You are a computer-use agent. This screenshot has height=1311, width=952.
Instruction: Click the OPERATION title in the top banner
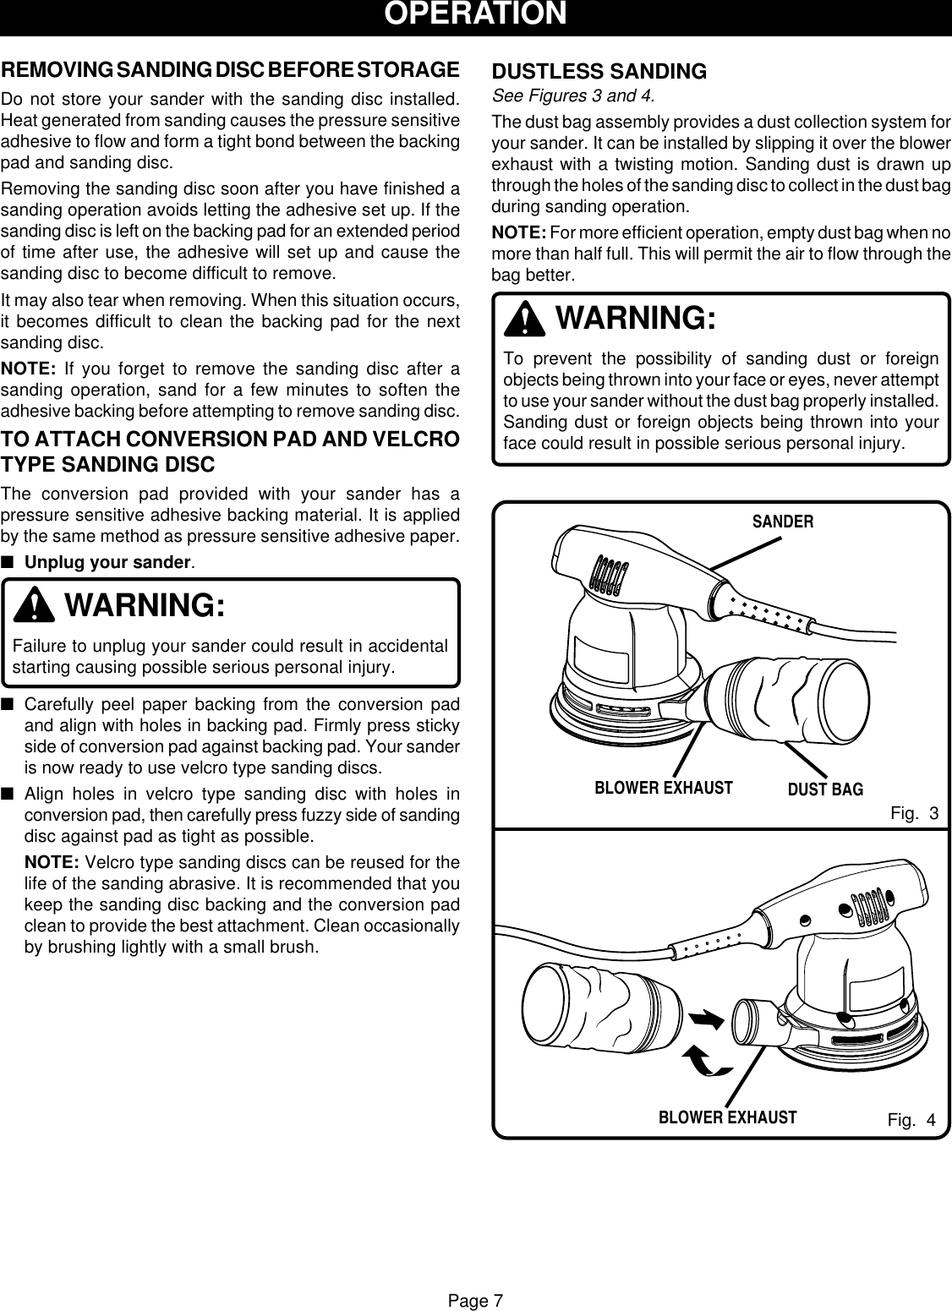(476, 14)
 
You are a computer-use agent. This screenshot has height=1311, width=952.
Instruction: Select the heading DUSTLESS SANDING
(599, 72)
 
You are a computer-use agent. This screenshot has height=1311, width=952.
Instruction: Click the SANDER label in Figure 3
(783, 522)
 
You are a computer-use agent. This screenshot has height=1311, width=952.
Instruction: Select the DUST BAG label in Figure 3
(825, 789)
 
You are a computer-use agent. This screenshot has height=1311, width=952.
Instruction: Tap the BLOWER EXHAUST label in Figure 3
(664, 788)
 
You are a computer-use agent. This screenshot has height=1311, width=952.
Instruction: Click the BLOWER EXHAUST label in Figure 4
(727, 1117)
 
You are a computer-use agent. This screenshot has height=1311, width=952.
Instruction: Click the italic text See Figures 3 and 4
(574, 93)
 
